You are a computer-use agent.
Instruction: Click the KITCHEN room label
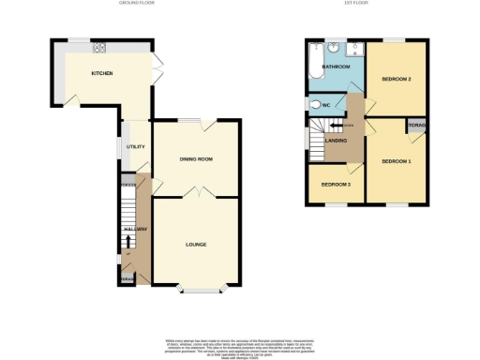pyautogui.click(x=102, y=73)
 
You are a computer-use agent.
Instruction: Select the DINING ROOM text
pyautogui.click(x=197, y=159)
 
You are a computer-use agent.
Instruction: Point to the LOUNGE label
pyautogui.click(x=196, y=245)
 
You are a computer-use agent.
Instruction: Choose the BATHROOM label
pyautogui.click(x=336, y=67)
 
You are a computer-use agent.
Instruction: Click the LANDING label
pyautogui.click(x=337, y=141)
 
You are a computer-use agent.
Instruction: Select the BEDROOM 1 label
pyautogui.click(x=396, y=161)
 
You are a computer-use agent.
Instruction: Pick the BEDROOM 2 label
pyautogui.click(x=397, y=80)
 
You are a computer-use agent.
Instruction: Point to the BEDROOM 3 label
pyautogui.click(x=336, y=185)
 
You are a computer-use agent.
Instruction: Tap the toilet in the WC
pyautogui.click(x=317, y=104)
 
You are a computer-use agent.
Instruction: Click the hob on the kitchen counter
pyautogui.click(x=99, y=51)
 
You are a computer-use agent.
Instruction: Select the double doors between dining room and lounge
pyautogui.click(x=198, y=194)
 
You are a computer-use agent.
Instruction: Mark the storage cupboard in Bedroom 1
pyautogui.click(x=415, y=125)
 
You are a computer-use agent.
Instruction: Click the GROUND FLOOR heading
pyautogui.click(x=136, y=5)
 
